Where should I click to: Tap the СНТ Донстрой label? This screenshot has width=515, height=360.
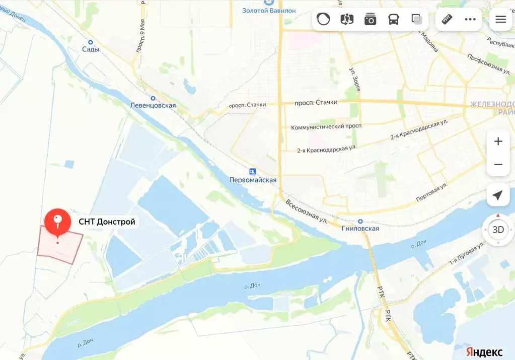click(x=107, y=222)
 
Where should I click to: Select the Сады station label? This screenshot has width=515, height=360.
click(x=91, y=49)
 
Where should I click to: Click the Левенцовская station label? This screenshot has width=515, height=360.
click(x=153, y=105)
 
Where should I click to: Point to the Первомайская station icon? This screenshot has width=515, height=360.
click(x=253, y=171)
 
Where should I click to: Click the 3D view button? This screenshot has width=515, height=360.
click(x=498, y=230)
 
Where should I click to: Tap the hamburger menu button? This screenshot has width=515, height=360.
click(x=500, y=19)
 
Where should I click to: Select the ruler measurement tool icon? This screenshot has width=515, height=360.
click(x=447, y=19)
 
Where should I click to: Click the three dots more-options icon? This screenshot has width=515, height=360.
click(x=470, y=19)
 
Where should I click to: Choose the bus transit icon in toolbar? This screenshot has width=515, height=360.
click(x=394, y=19)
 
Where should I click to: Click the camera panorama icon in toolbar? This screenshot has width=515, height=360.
click(x=371, y=19)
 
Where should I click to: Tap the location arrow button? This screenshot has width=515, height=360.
click(x=498, y=195)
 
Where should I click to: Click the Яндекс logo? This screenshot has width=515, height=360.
click(x=484, y=351)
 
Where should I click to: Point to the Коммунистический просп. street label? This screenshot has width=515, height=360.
click(x=326, y=126)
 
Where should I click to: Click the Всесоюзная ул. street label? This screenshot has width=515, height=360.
click(x=307, y=211)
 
